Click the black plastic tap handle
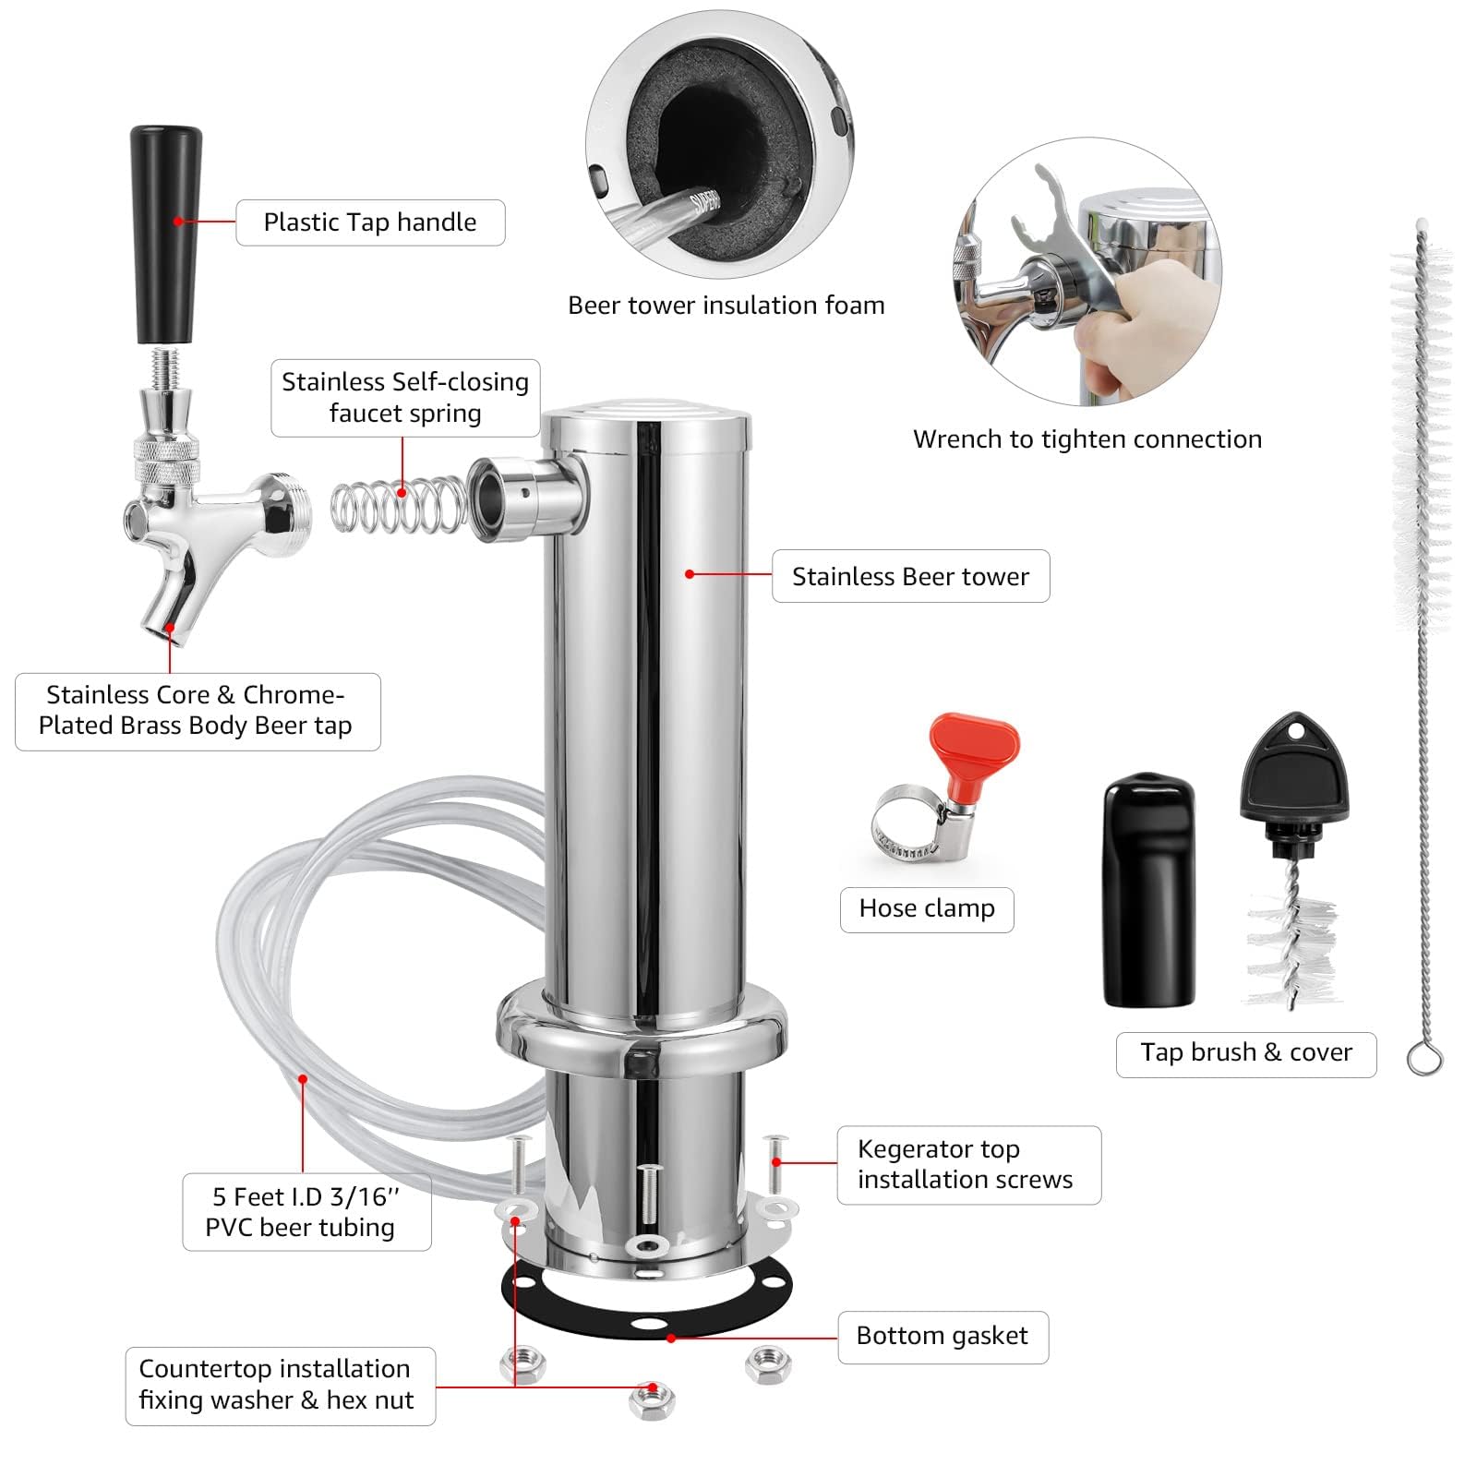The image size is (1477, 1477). pyautogui.click(x=166, y=231)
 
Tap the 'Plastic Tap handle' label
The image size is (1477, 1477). pyautogui.click(x=370, y=222)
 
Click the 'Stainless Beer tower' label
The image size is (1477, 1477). pyautogui.click(x=910, y=577)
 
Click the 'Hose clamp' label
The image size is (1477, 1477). pyautogui.click(x=927, y=909)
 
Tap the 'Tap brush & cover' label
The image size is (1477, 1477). pyautogui.click(x=1246, y=1053)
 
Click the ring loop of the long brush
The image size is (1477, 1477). pyautogui.click(x=1424, y=1058)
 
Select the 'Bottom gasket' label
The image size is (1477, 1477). pyautogui.click(x=943, y=1337)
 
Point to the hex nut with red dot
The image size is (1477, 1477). pyautogui.click(x=652, y=1401)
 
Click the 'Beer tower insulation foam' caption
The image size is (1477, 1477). pyautogui.click(x=726, y=306)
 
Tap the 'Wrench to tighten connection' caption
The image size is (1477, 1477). pyautogui.click(x=1087, y=439)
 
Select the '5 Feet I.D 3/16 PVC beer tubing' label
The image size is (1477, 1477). pyautogui.click(x=306, y=1212)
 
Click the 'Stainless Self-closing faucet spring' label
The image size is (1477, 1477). pyautogui.click(x=405, y=398)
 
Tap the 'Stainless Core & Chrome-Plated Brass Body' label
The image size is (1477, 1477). pyautogui.click(x=198, y=711)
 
